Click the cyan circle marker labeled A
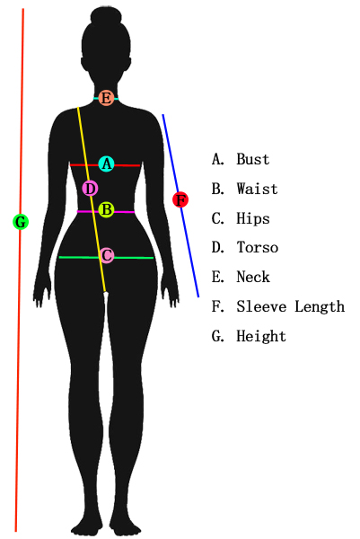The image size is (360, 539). point(107,164)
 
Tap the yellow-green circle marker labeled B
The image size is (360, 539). point(107,209)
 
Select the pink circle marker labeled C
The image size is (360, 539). point(107,255)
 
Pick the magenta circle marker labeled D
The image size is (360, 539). point(91,189)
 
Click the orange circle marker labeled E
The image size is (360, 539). point(106,98)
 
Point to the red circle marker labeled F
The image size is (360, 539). point(180,199)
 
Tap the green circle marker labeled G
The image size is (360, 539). point(21,222)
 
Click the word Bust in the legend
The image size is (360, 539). point(253,159)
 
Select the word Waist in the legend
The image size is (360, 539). point(257,189)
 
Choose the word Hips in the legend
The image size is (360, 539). point(253,218)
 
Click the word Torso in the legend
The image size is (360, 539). point(258,248)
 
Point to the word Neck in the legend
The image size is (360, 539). point(253,277)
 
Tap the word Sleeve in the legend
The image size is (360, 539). point(261,306)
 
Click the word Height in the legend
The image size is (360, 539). point(261,336)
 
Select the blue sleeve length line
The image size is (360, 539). point(180,206)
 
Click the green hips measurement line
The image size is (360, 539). point(106,258)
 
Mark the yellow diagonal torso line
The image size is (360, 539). point(92,199)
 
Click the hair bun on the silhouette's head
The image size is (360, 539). point(106,16)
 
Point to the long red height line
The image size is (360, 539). point(19,269)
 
